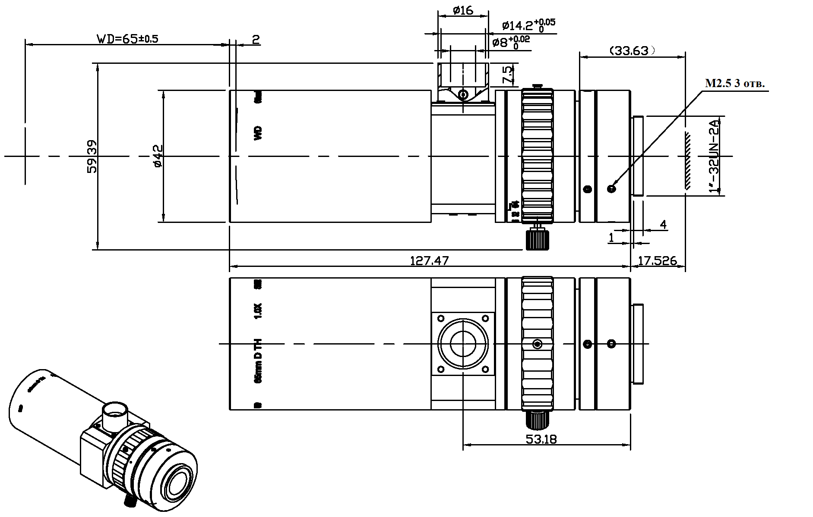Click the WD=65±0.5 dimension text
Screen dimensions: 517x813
127,39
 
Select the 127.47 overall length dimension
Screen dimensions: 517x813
429,261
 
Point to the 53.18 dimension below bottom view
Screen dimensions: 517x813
541,439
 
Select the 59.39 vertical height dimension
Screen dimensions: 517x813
92,156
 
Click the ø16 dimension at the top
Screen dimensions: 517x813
463,10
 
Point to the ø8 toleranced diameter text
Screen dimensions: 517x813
511,43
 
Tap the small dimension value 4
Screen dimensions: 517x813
663,225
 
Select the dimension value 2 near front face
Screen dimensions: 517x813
256,40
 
